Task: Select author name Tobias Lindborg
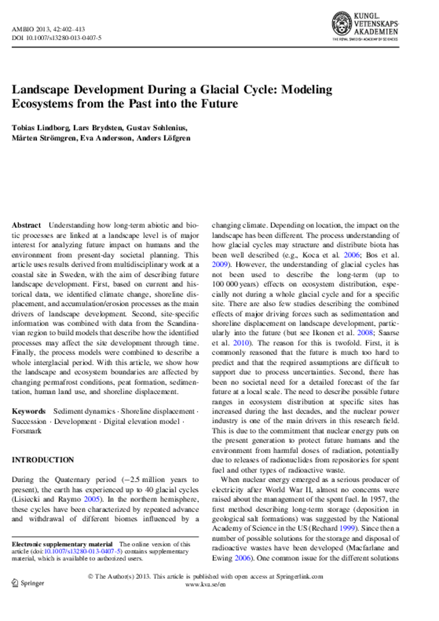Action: (x=39, y=127)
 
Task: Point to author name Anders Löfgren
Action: (x=164, y=138)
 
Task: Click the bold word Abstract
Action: (x=26, y=225)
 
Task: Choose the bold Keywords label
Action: (x=28, y=411)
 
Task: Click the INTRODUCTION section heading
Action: (x=43, y=460)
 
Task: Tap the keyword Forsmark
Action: (x=25, y=431)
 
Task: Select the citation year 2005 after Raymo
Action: (x=92, y=499)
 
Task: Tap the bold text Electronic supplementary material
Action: (x=62, y=544)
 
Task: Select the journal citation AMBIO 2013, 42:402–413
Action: (x=49, y=29)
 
